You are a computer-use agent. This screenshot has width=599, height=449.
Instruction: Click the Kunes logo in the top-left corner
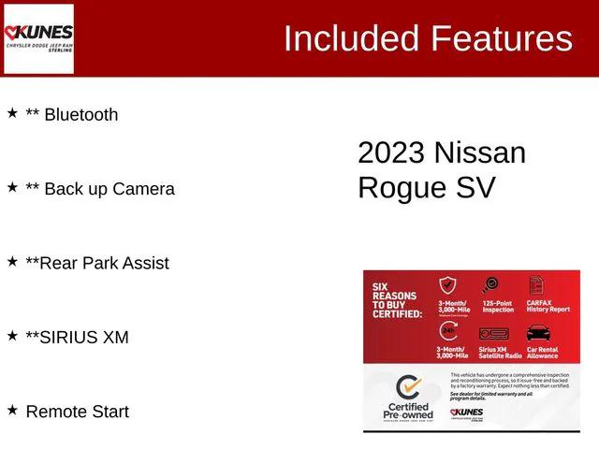[x=39, y=38]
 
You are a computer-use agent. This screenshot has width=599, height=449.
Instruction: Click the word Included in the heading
[x=351, y=38]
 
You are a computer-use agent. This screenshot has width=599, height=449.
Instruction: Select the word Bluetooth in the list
[x=81, y=115]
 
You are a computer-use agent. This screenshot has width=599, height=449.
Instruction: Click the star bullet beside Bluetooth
[x=13, y=113]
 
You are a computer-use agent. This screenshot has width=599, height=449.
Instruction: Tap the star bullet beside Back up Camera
[x=13, y=187]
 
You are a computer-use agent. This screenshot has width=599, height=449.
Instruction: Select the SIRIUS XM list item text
[x=77, y=337]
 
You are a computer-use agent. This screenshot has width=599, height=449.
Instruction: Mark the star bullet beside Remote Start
[x=13, y=410]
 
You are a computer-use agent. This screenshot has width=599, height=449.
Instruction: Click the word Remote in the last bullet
[x=57, y=412]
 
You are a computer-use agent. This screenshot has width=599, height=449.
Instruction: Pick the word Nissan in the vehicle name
[x=480, y=152]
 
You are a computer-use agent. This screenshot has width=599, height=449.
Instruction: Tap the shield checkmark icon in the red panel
[x=447, y=285]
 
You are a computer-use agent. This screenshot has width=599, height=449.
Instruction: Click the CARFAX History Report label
[x=548, y=306]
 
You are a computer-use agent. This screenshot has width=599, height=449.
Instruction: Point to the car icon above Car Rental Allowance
[x=538, y=333]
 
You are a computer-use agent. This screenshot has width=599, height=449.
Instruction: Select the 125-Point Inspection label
[x=497, y=306]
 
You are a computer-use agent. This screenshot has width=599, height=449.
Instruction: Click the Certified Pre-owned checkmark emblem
[x=408, y=388]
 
